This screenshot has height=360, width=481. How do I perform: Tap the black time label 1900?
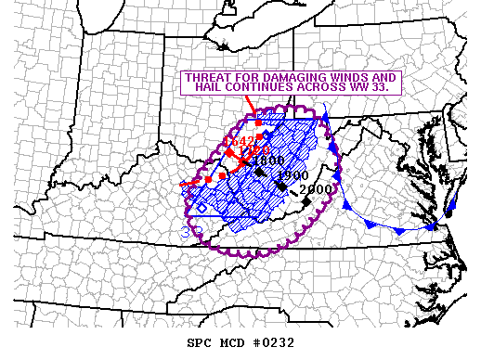292,175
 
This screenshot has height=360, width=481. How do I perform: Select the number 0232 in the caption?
275,342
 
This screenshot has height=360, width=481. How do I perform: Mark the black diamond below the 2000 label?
305,201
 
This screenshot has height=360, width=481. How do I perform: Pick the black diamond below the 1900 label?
281,186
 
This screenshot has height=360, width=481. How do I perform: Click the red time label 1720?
253,149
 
